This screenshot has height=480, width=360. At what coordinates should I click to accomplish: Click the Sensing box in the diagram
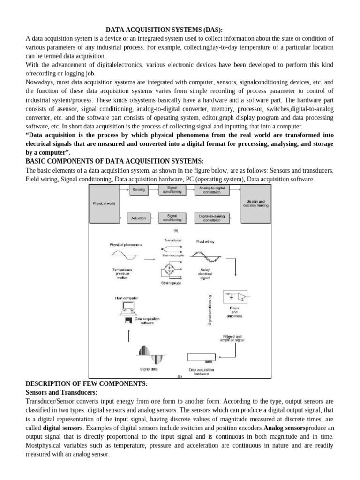(x=139, y=190)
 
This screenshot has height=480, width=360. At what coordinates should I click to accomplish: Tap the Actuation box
(x=139, y=217)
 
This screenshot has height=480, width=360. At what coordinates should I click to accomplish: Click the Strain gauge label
(x=171, y=283)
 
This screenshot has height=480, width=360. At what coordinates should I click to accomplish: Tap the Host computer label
(x=126, y=298)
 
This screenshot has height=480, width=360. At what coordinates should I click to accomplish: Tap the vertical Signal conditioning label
(x=210, y=309)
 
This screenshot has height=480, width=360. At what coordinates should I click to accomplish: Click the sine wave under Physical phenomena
(x=124, y=256)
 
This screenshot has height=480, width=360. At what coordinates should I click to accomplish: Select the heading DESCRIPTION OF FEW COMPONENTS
(x=86, y=383)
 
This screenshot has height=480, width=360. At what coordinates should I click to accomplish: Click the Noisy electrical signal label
(x=205, y=273)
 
